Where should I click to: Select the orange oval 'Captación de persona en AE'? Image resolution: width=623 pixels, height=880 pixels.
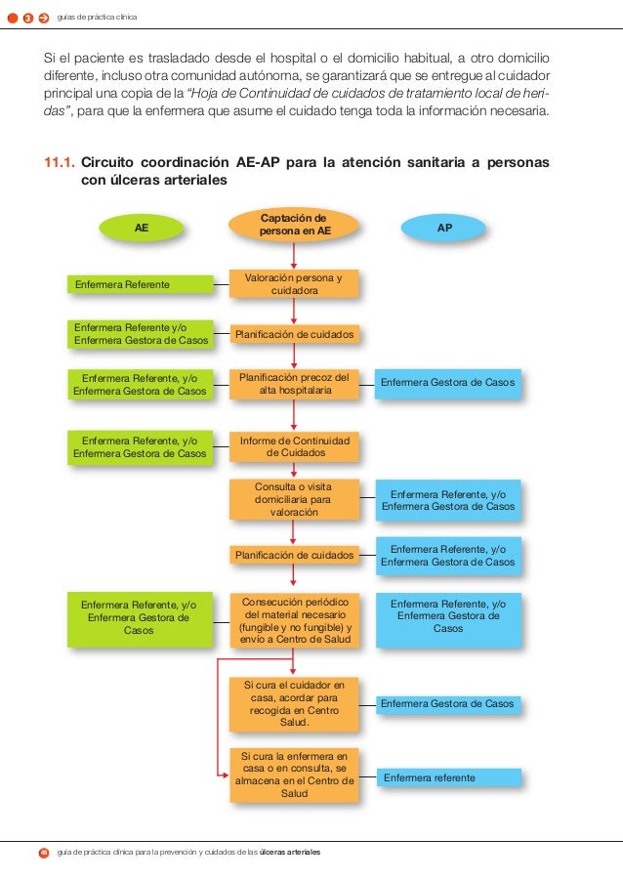click(x=294, y=224)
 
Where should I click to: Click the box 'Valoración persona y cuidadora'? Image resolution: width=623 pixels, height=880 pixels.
click(x=294, y=283)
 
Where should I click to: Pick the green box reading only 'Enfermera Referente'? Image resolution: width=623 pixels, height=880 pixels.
click(x=142, y=284)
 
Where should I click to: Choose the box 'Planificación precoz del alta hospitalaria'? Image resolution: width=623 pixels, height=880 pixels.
click(x=294, y=384)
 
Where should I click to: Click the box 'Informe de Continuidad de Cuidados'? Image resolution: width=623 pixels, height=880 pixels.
click(x=294, y=447)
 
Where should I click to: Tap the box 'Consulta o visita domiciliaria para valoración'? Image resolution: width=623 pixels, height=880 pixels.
click(x=294, y=498)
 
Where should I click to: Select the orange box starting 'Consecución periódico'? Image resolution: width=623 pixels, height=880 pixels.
click(x=294, y=620)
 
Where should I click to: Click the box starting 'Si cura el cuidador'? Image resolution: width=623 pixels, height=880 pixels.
click(x=294, y=703)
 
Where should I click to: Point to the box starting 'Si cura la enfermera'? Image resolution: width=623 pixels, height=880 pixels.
click(x=294, y=775)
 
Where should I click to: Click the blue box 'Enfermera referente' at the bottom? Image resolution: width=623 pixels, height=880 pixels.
click(x=447, y=777)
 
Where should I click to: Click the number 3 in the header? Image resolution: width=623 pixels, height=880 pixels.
click(x=27, y=18)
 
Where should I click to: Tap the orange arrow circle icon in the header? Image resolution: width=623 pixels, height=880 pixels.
click(x=44, y=18)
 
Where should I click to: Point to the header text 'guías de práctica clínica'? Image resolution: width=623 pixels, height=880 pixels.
click(x=98, y=18)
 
